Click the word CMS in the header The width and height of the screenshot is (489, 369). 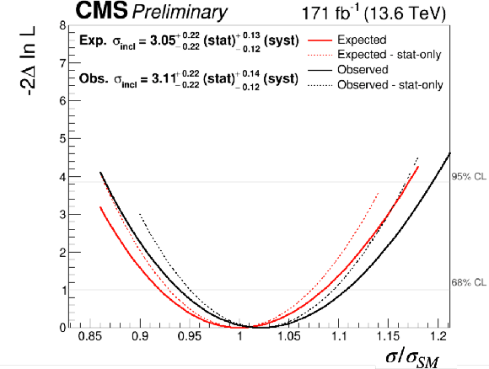point(102,10)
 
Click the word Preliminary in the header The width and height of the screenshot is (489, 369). point(180,13)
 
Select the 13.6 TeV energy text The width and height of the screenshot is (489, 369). point(405,13)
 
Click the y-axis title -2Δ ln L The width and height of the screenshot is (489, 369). point(28,61)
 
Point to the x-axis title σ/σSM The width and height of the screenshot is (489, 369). point(412,358)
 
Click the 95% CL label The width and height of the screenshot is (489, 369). point(469,176)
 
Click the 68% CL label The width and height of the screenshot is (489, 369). point(469,282)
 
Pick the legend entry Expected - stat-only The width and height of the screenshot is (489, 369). point(390,55)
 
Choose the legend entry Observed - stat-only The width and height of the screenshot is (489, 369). point(390,84)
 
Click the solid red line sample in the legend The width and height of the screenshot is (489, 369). point(320,40)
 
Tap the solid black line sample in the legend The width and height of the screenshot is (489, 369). point(320,70)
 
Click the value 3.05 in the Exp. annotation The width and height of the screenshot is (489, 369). point(163,40)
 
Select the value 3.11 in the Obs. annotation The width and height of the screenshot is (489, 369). point(164,79)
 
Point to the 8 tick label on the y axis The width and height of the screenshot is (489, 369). point(63,25)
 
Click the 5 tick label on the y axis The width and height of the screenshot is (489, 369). point(63,138)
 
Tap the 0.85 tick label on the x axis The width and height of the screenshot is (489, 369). point(91,337)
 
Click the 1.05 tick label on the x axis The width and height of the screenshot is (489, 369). point(289,337)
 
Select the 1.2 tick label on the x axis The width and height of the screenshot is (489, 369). point(438,337)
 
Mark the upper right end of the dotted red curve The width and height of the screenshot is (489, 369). point(379,193)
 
